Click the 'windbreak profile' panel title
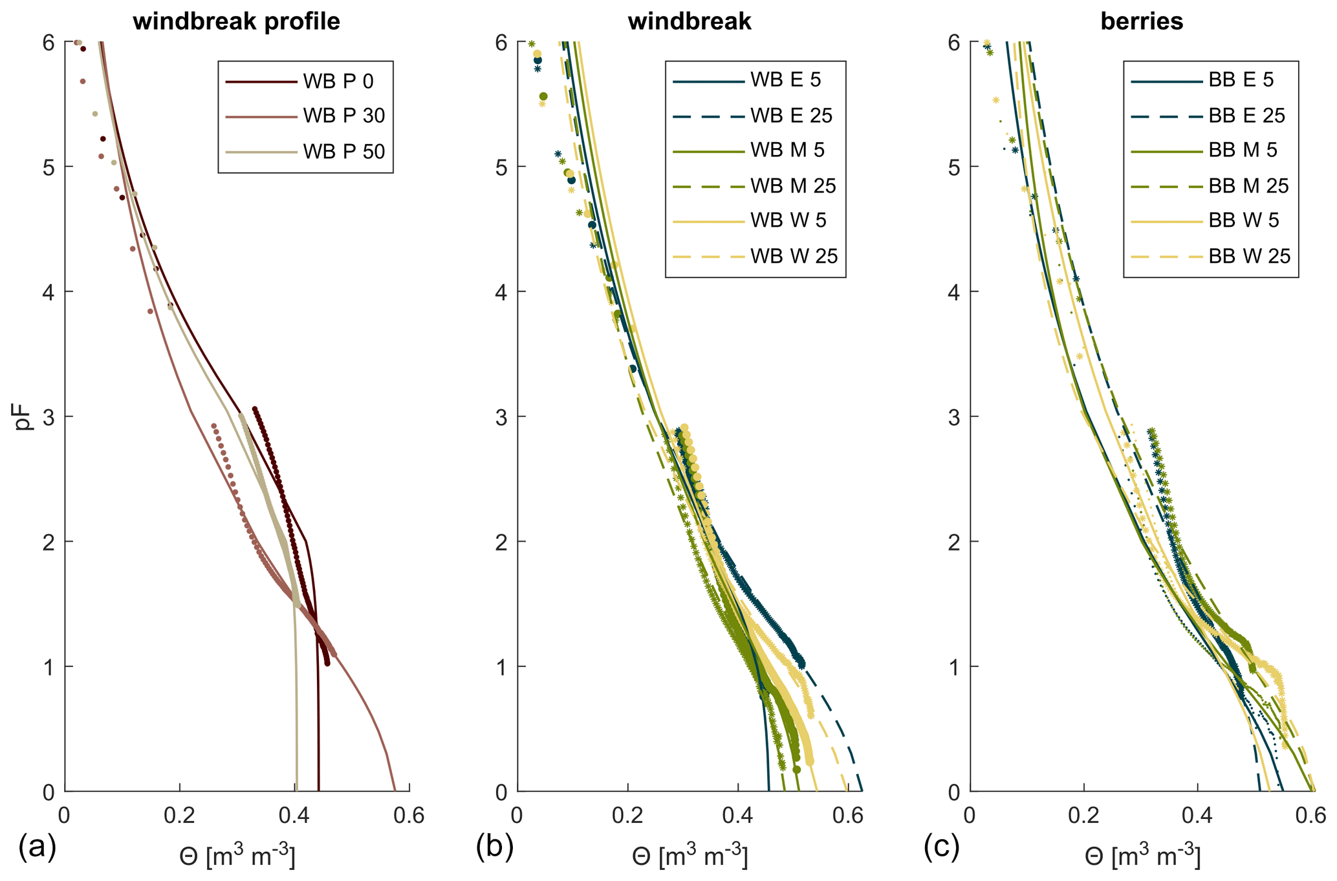click(236, 21)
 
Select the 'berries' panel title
click(1142, 21)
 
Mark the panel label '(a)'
click(38, 847)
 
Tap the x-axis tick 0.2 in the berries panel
click(1084, 816)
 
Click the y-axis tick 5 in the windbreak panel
click(502, 167)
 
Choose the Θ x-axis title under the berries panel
click(1142, 857)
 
